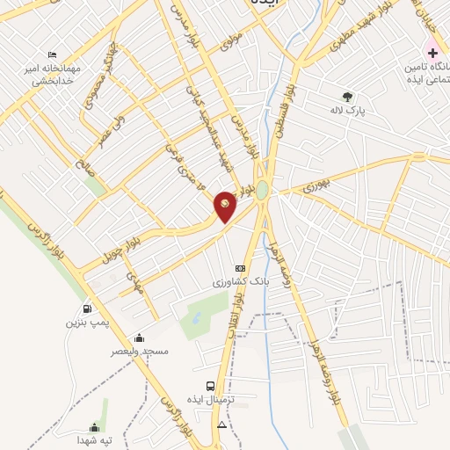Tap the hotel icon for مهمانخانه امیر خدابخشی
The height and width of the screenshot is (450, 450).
point(52,55)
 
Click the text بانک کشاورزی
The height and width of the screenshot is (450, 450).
point(237,283)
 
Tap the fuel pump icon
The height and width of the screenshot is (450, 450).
point(86,308)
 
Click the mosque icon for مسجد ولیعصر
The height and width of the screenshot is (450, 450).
point(138,337)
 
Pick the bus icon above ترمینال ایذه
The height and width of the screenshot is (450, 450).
point(209,385)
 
